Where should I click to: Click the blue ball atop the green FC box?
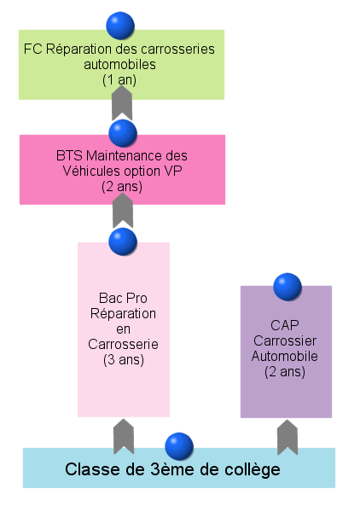(120, 26)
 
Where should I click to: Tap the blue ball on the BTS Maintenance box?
(123, 133)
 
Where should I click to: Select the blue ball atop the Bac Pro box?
(123, 241)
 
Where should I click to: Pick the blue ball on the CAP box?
(287, 287)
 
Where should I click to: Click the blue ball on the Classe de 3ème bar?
(179, 446)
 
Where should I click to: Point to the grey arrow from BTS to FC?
(122, 103)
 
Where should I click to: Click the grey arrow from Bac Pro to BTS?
(123, 211)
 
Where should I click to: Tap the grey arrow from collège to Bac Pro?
(124, 437)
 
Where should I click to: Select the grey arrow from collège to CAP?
(287, 437)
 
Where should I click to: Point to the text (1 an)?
(119, 80)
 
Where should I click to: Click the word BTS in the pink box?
(69, 155)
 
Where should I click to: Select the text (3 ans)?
(124, 360)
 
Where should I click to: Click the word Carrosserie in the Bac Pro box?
(123, 344)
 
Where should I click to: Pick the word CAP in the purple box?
(285, 325)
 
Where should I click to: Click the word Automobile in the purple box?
(285, 356)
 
